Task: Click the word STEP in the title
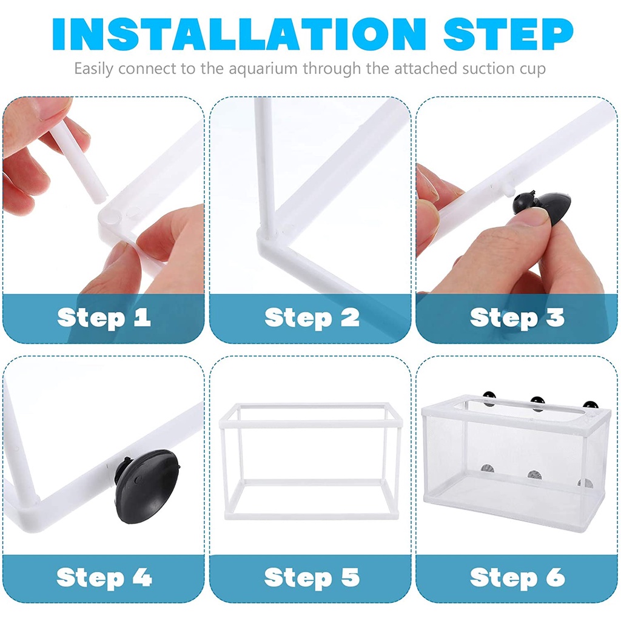509,34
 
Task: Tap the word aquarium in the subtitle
263,69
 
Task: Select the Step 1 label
104,318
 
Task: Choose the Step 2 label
312,318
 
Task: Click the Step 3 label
517,318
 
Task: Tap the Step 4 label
104,577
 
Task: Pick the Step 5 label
312,577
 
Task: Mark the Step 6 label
517,577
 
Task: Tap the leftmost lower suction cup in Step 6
488,469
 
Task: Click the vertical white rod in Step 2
264,163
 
